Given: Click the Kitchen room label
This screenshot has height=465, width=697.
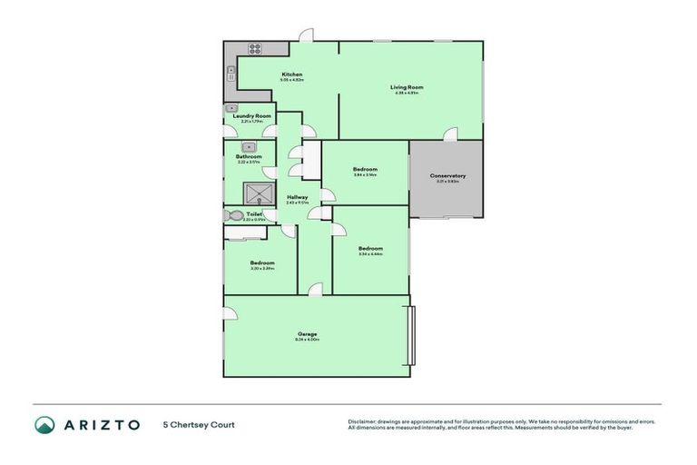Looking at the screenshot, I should [291, 74].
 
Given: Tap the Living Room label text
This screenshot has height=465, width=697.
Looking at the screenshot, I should [407, 87].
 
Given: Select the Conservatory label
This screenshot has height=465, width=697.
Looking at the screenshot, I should [447, 175].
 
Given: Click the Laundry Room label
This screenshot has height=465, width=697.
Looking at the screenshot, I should [251, 116].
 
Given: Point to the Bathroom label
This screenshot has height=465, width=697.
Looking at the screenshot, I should [249, 156].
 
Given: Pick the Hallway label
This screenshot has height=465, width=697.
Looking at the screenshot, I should [297, 197].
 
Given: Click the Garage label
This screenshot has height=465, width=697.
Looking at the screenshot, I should [307, 333].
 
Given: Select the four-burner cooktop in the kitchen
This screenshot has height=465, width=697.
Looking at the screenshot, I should [255, 49].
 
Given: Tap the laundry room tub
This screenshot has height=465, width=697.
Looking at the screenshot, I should [231, 108].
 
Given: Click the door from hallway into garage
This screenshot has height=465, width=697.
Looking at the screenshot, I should [314, 290].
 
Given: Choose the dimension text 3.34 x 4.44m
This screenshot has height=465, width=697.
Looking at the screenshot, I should [369, 254].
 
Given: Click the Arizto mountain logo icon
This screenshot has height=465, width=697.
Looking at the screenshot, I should [44, 424].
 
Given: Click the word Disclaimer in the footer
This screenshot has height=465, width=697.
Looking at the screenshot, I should [365, 421].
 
